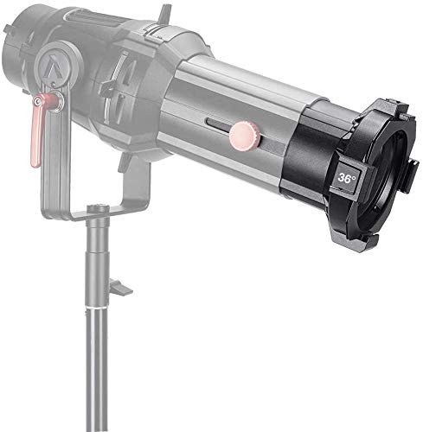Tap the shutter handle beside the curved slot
click(108, 86)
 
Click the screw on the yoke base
click(98, 208)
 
